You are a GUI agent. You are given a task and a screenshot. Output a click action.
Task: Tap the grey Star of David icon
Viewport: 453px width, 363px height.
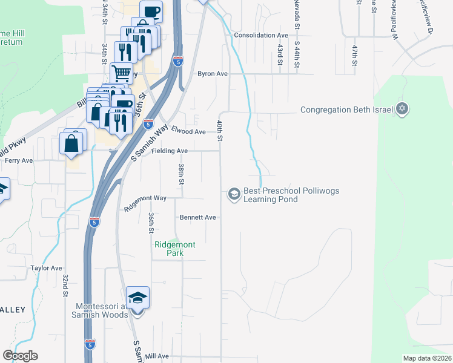[x=402, y=110]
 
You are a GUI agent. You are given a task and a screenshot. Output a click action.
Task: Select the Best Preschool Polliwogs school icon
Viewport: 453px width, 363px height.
[x=233, y=194]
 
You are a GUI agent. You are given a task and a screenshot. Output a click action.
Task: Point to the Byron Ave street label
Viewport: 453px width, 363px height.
[x=212, y=74]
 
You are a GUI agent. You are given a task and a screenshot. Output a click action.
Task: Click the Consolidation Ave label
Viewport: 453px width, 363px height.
[x=261, y=35]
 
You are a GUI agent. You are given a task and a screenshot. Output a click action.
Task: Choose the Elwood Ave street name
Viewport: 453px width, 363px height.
[x=188, y=131]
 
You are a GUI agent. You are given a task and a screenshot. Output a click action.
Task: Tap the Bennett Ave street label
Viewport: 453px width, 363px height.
[x=197, y=217]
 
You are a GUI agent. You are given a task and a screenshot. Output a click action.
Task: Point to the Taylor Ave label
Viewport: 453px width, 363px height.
[x=47, y=268]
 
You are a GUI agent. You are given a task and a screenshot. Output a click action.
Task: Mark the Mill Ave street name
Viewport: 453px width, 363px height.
[x=157, y=356]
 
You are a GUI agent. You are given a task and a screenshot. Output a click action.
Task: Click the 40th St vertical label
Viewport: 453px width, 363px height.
[x=220, y=131]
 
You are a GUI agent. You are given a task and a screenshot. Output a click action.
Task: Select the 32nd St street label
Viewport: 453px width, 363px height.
[x=64, y=284]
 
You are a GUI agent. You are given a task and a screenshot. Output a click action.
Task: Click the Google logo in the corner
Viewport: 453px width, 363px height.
[x=20, y=356]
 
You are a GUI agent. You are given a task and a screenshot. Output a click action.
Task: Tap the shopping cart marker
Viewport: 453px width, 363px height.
[x=122, y=73]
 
